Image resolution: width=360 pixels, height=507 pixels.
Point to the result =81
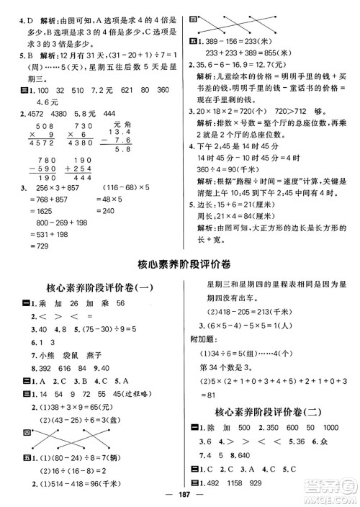[215, 395]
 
